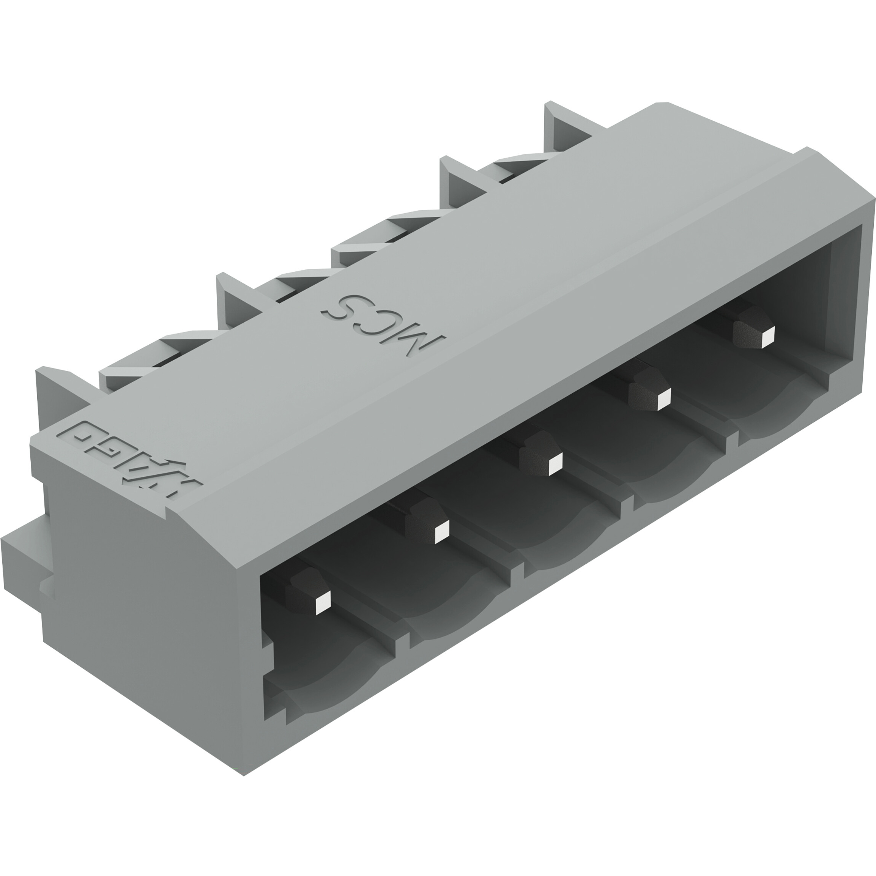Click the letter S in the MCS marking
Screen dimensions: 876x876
click(x=349, y=307)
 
